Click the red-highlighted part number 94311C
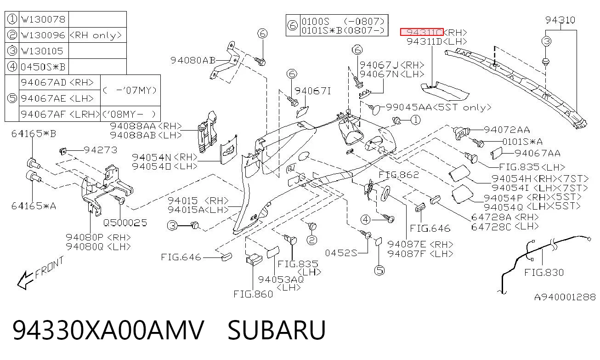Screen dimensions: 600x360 coord(422,32)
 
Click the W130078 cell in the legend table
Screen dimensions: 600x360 coord(43,19)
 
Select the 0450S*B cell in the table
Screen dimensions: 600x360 coord(43,67)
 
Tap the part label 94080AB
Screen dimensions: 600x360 coord(193,60)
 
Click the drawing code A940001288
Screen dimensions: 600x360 coord(565,297)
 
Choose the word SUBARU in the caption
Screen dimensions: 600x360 coord(277,330)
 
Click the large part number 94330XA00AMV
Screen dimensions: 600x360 coord(108,330)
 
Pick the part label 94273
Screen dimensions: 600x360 coord(101,150)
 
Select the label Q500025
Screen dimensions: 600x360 coord(125,223)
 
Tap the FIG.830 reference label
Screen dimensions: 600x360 coord(544,273)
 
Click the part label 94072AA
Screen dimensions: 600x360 coord(507,130)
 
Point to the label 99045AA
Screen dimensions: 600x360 coord(409,107)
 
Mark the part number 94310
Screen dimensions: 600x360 coord(560,20)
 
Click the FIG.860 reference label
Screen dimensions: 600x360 coord(253,294)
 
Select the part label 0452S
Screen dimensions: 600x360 coord(341,253)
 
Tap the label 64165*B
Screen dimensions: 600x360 coord(34,133)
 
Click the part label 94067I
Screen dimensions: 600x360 coord(313,91)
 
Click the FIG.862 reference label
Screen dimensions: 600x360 coord(399,175)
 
